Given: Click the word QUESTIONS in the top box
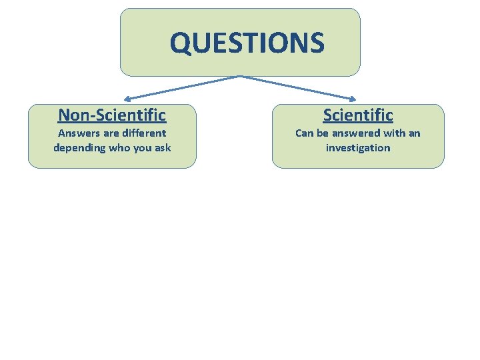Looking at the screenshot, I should (247, 43).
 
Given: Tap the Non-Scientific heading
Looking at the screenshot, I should (112, 115).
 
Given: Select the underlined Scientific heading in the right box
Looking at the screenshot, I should (358, 115).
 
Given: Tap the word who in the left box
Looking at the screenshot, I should (119, 148).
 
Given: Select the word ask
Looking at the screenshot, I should (162, 148).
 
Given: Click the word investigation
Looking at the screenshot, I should (358, 148).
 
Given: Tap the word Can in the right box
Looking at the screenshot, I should (304, 133).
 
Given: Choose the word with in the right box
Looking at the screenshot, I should (392, 133).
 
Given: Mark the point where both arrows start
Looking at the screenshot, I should (240, 77).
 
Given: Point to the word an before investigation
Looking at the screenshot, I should (414, 133).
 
